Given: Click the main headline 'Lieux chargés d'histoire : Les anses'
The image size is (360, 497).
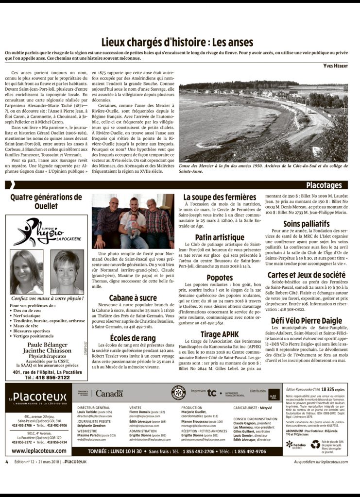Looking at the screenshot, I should [180, 42].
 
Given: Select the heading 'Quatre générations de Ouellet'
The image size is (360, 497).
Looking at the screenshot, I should [46, 201].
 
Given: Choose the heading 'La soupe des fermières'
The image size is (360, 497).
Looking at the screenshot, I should [220, 197].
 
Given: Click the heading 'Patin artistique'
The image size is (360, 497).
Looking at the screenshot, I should [220, 237].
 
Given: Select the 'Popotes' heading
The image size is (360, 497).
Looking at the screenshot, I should [220, 278].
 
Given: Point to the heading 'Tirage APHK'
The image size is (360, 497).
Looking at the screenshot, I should [220, 321].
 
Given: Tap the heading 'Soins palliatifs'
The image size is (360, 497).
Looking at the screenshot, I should [306, 224].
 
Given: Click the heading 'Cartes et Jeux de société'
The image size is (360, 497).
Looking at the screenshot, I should [306, 275].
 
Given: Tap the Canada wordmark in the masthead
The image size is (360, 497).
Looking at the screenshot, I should [109, 393].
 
